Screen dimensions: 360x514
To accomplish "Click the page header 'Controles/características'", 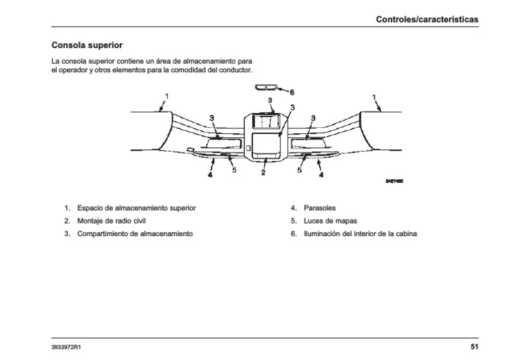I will click(x=428, y=20).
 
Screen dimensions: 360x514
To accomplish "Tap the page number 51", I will click(x=474, y=347).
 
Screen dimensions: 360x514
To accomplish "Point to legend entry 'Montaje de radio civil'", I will click(x=111, y=221).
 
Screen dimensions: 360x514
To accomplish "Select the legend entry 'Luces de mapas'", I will click(x=330, y=221).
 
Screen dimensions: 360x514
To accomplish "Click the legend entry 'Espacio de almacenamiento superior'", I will click(x=137, y=208).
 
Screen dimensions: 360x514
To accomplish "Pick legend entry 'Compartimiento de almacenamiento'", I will click(x=135, y=234).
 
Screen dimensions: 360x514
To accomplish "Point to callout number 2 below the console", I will click(x=263, y=173).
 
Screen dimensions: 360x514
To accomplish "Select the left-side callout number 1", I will click(x=167, y=96).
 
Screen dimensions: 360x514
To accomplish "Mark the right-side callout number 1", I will click(x=373, y=96).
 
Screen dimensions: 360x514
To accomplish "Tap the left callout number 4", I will click(x=209, y=174).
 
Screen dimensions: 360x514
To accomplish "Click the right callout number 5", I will click(x=299, y=171).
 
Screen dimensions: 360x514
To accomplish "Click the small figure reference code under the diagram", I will click(x=395, y=181).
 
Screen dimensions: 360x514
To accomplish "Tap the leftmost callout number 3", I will click(x=211, y=118).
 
